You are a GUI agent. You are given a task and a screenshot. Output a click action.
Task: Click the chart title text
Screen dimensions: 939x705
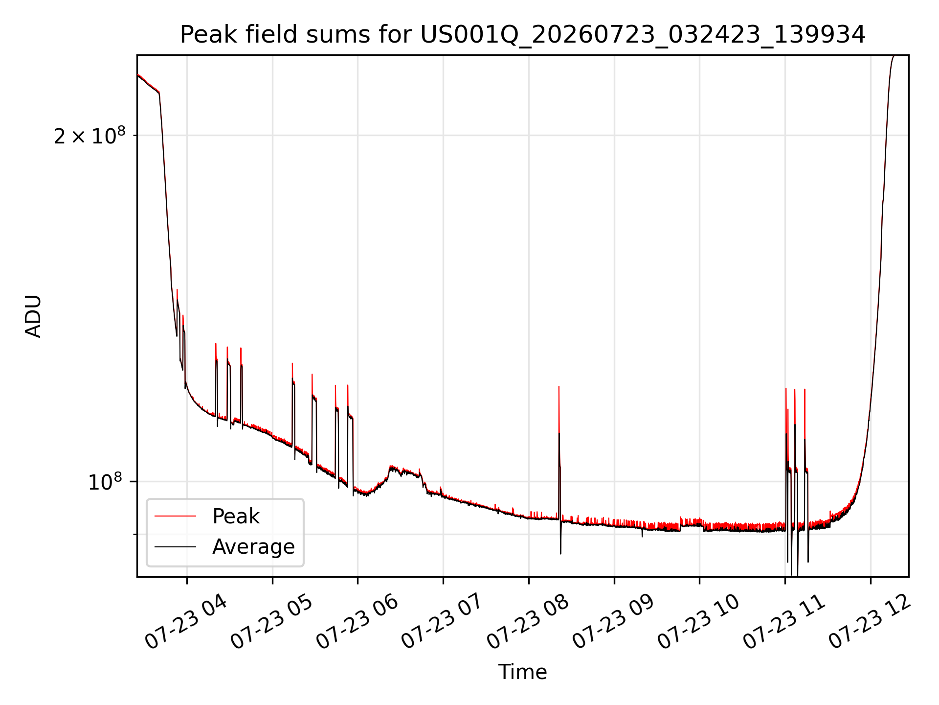523,35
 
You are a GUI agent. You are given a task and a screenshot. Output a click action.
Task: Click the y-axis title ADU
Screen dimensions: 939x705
33,316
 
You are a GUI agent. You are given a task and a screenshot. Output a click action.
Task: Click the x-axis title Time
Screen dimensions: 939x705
522,672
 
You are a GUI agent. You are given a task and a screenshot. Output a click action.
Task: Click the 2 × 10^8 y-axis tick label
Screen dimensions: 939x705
89,135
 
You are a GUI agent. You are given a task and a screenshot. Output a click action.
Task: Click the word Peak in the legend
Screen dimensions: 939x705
236,517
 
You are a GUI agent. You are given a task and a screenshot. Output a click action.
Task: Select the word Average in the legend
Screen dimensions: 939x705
253,547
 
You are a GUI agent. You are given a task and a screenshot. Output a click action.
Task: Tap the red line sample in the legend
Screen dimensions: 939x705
175,517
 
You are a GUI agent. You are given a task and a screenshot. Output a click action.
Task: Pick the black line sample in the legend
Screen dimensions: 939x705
175,547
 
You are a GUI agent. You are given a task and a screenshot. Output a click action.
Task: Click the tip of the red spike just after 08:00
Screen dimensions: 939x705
559,387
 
